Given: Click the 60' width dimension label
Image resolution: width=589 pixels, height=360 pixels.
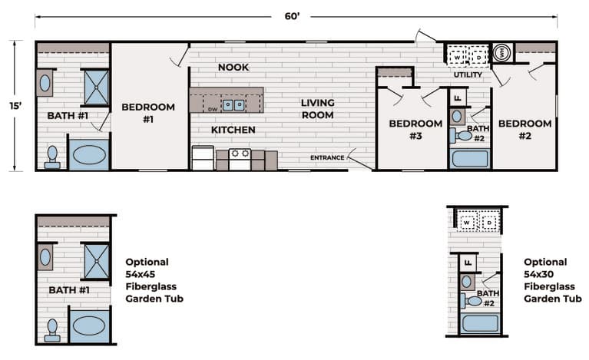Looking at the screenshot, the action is (292, 16).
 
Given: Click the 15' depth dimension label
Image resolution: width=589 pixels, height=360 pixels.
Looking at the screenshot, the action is (15, 106).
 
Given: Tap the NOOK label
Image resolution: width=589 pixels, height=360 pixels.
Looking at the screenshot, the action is (233, 68).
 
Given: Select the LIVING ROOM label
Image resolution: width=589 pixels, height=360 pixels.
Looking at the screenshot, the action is (318, 109).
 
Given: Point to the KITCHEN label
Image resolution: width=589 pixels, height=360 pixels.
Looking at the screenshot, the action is (233, 130).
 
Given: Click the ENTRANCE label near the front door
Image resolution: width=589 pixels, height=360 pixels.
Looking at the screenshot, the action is (327, 157).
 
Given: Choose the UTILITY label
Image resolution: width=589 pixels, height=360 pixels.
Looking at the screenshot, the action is (468, 74).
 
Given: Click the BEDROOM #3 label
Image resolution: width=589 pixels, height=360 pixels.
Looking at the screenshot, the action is (415, 130).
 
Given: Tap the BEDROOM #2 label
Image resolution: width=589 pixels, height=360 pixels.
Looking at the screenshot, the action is (525, 130).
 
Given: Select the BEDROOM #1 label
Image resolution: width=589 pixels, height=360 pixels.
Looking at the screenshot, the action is (148, 113).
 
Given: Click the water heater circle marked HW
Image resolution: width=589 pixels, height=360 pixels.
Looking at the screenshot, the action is (501, 53).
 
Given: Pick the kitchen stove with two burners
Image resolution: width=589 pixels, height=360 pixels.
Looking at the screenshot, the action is (240, 159).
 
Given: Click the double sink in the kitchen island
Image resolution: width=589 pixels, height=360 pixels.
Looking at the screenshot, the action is (233, 105).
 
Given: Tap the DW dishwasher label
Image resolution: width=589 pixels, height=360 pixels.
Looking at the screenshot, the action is (213, 110).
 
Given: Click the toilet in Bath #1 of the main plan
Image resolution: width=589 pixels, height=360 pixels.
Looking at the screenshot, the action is (52, 157).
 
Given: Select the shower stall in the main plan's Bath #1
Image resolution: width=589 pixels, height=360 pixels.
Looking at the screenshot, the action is (97, 88).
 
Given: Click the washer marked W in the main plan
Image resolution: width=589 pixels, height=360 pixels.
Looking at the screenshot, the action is (457, 58).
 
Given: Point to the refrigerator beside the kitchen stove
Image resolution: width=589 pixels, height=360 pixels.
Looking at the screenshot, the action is (203, 158).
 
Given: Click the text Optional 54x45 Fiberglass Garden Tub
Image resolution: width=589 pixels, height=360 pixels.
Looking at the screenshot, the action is (154, 280).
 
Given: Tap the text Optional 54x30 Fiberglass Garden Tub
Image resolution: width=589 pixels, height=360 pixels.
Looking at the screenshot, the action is (553, 280).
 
